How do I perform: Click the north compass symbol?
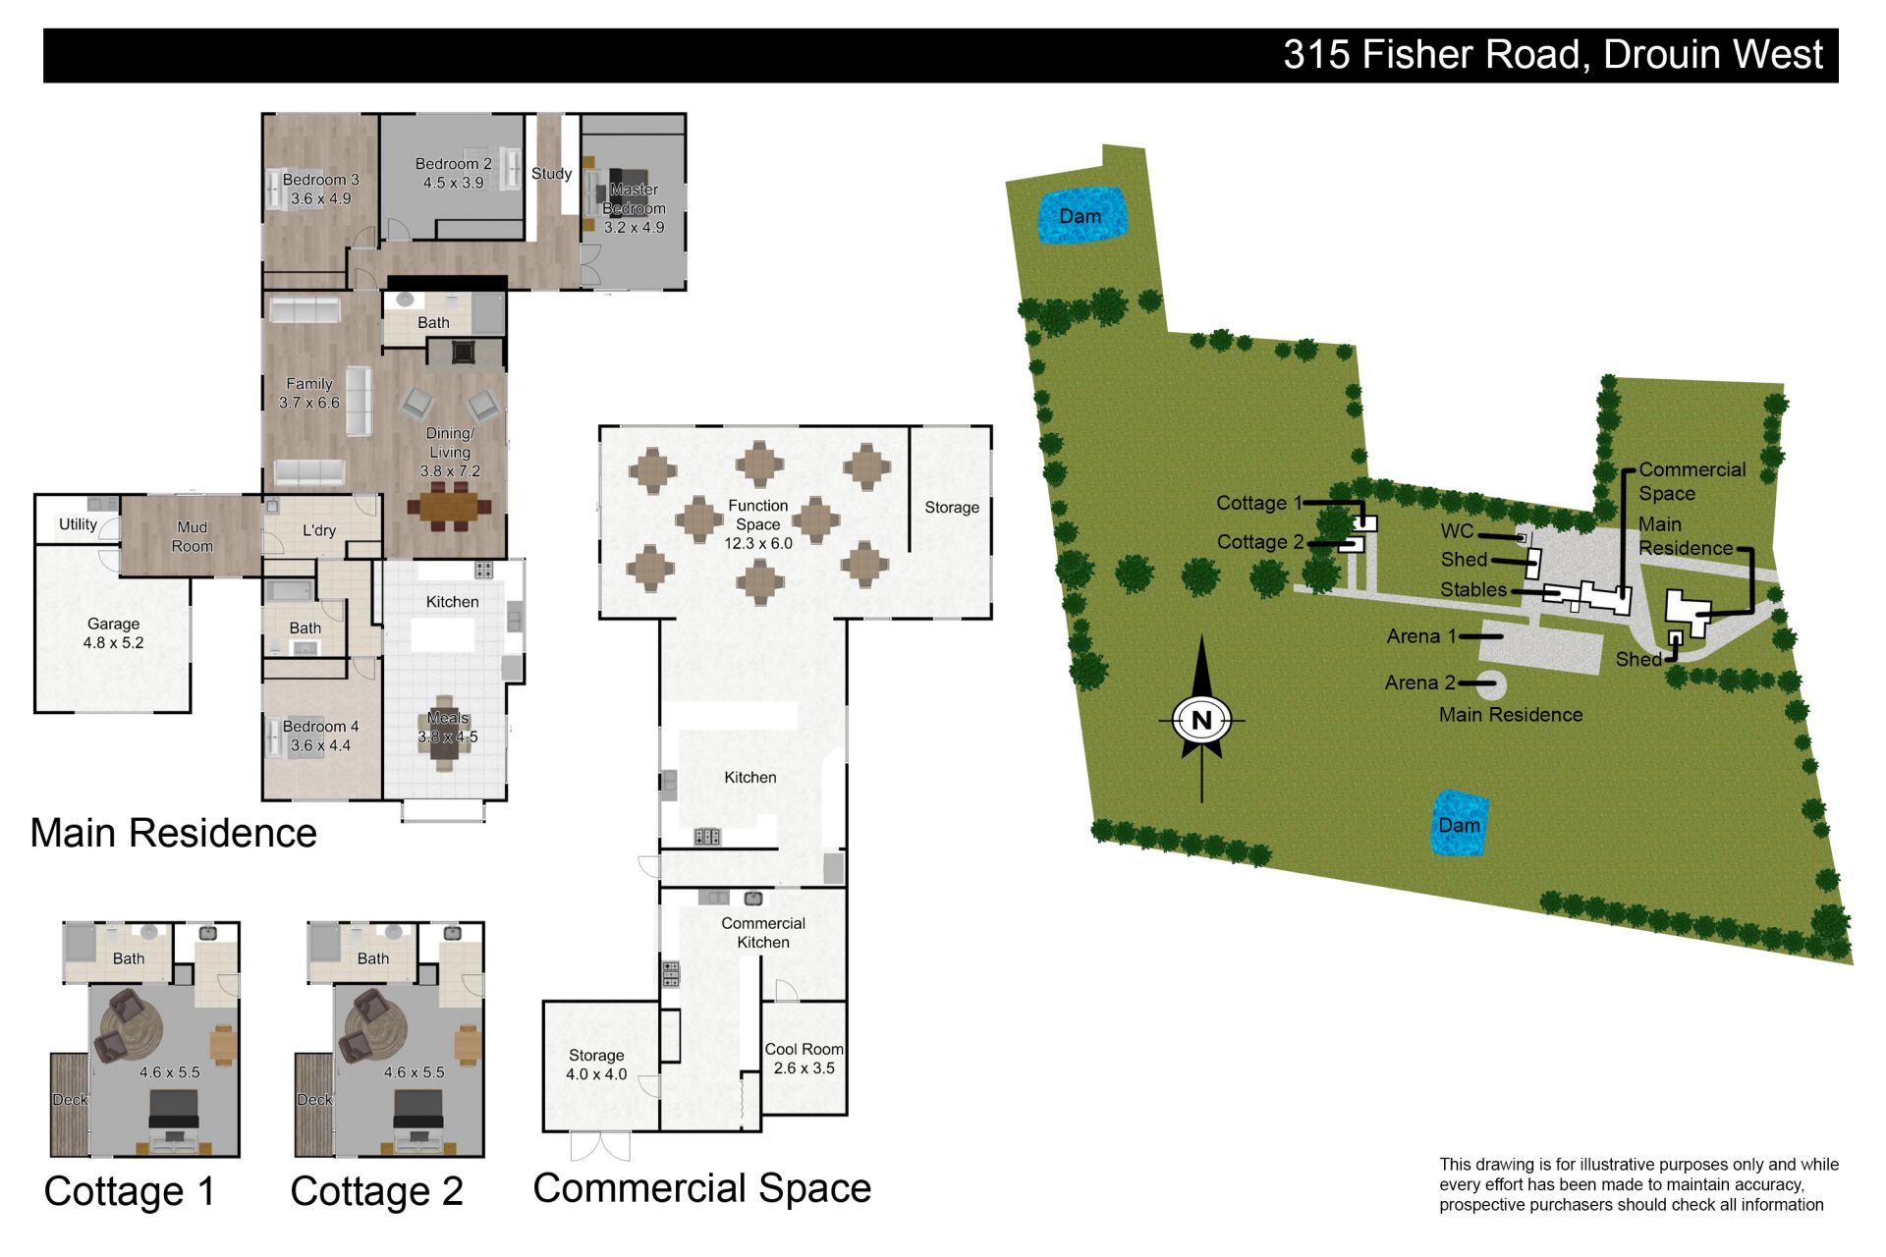(1201, 720)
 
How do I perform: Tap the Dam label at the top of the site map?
(1080, 216)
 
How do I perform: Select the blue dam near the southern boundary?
(1459, 823)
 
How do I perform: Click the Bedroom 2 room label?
(453, 173)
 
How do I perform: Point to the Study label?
(551, 173)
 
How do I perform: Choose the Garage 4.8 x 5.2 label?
(113, 633)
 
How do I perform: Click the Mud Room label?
(193, 537)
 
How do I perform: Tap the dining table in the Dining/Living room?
(450, 508)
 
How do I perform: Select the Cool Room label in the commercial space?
(804, 1059)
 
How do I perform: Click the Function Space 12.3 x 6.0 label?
(758, 523)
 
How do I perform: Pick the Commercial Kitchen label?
(763, 933)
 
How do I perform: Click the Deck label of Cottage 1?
(70, 1100)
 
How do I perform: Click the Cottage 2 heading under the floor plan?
(376, 1191)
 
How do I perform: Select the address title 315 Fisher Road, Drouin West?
(1553, 55)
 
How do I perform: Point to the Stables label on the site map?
(1473, 589)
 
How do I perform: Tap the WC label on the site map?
(1457, 531)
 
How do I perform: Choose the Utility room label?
(78, 524)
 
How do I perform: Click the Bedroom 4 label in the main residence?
(320, 736)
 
